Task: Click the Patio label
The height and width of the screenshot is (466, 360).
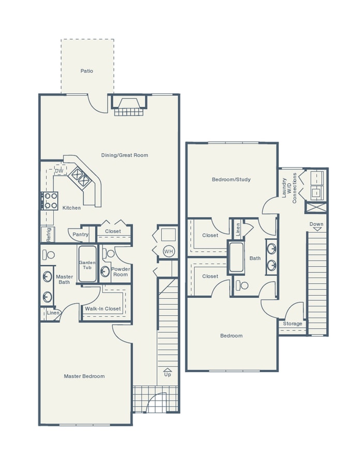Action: pos(87,71)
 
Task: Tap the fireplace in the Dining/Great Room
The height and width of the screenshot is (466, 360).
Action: pos(127,107)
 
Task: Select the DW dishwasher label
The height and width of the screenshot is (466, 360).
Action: pos(59,171)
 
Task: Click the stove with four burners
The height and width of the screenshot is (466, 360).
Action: pos(50,200)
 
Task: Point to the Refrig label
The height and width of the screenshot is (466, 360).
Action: pos(49,235)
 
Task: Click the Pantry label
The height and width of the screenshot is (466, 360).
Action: pos(80,235)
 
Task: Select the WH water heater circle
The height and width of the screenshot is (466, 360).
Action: pos(168,252)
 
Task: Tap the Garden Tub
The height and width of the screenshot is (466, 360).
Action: pos(87,264)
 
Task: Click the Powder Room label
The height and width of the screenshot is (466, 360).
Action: pos(121,272)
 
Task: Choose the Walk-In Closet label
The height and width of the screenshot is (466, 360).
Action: pos(103,309)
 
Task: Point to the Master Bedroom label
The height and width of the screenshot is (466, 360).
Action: pos(84,376)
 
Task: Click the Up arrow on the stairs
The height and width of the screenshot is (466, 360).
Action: pos(168,372)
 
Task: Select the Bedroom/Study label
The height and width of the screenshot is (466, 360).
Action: pos(231,180)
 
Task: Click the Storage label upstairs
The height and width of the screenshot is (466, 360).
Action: pos(293,324)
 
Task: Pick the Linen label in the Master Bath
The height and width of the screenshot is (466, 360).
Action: pos(53,313)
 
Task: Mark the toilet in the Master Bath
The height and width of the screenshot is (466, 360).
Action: pos(49,254)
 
